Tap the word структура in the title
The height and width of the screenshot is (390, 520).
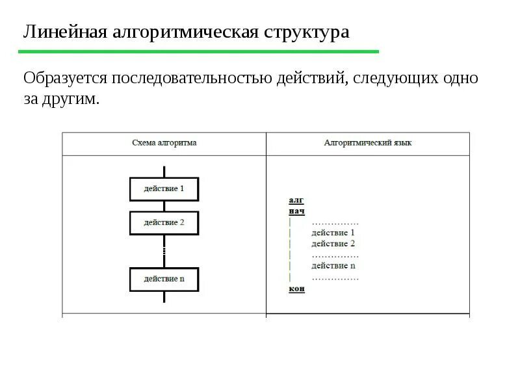(x=306, y=32)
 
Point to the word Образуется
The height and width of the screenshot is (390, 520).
(x=66, y=79)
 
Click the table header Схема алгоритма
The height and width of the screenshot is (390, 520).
(x=164, y=142)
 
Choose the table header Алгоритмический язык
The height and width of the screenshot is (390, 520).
(x=367, y=142)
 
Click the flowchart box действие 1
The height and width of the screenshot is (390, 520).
(x=164, y=189)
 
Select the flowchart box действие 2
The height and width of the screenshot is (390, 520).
(x=164, y=222)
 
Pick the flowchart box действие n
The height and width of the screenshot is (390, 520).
(x=164, y=279)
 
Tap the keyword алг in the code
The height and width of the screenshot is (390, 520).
(x=296, y=201)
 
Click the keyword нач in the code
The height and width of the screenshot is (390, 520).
(x=296, y=211)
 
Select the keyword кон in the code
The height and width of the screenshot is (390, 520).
(x=296, y=289)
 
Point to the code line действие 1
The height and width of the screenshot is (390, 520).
(x=333, y=233)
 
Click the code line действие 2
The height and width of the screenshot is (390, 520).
(x=333, y=244)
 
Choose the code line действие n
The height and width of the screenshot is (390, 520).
(x=333, y=266)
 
